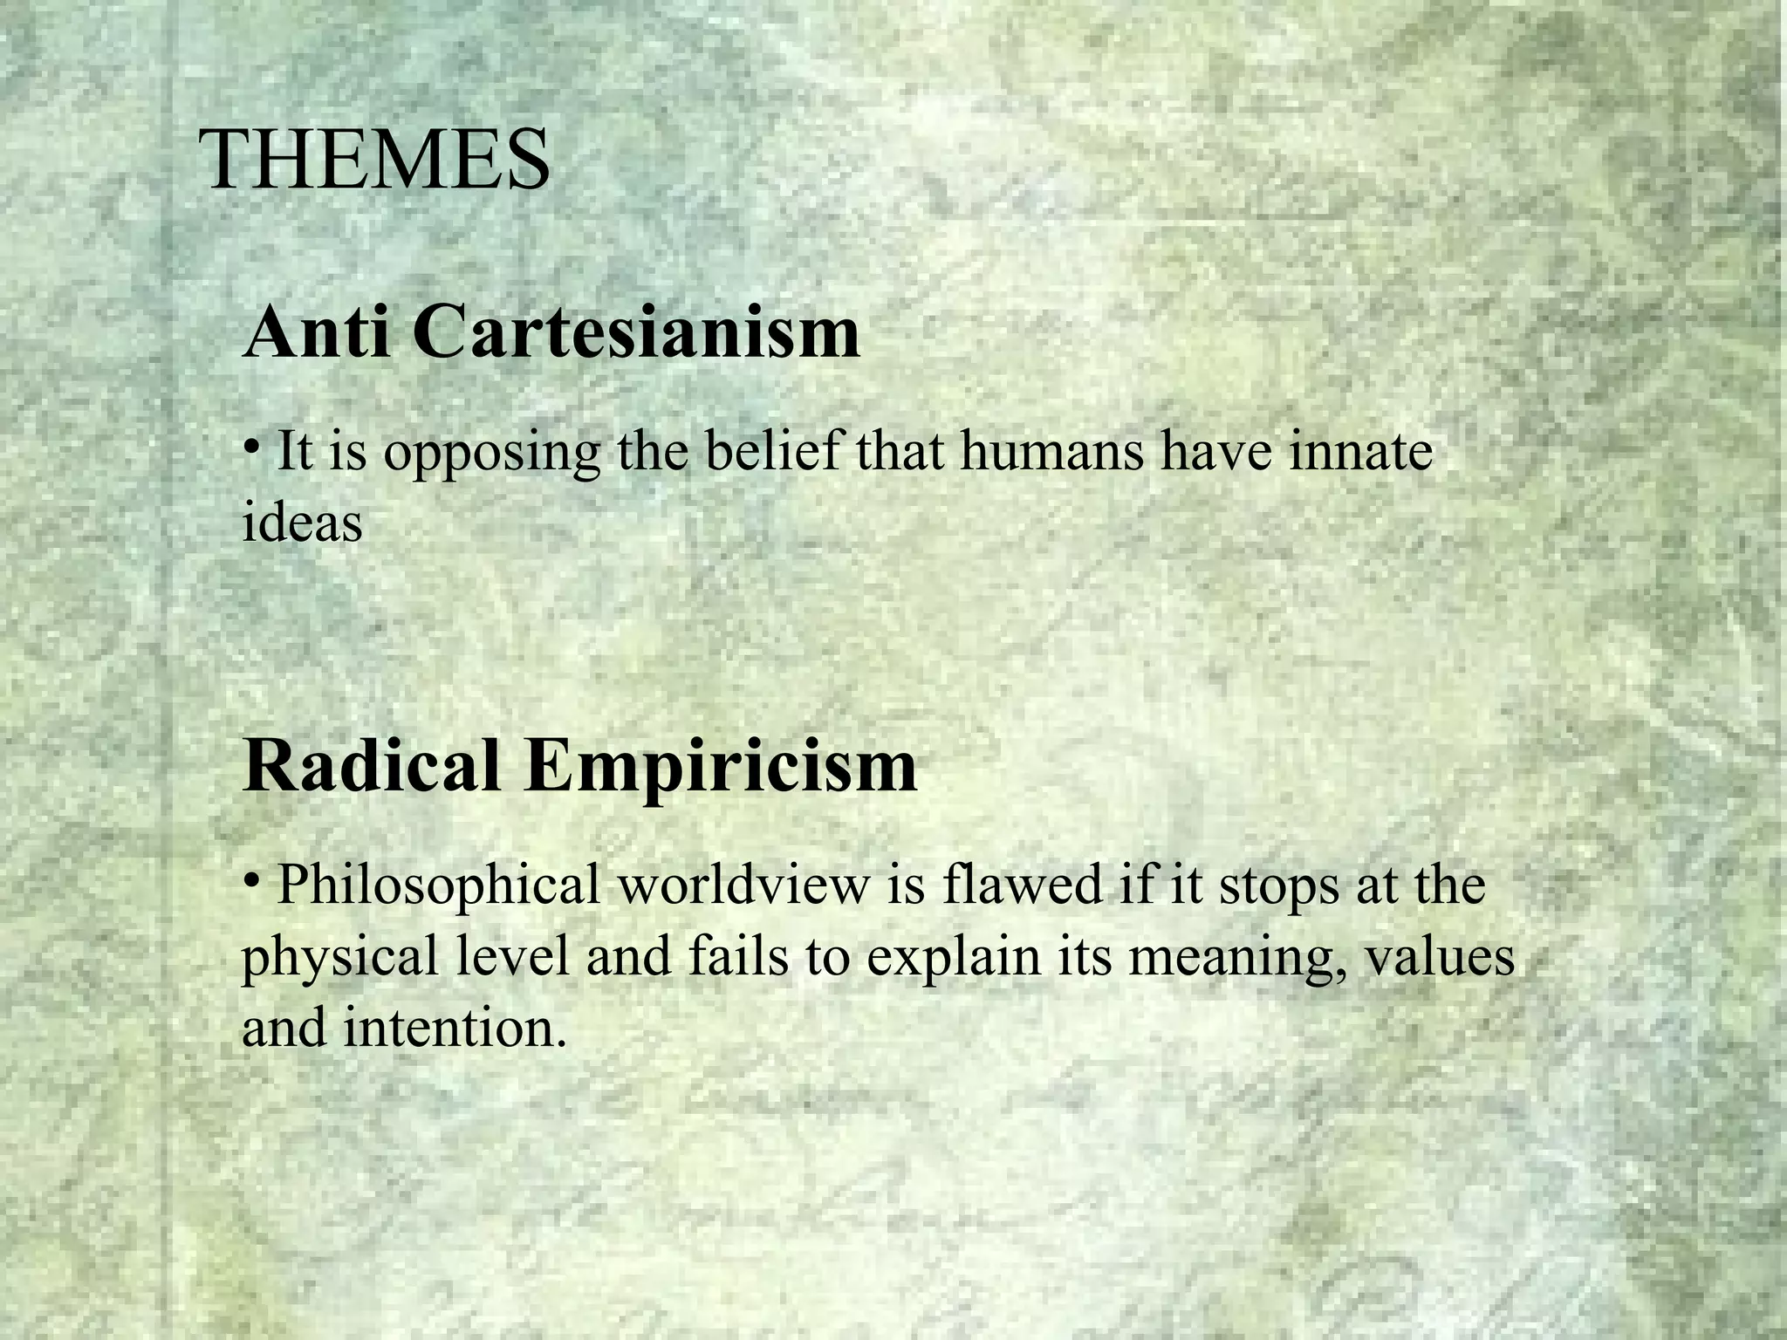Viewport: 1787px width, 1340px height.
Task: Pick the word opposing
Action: coord(491,454)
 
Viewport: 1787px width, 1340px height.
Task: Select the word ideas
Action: coord(302,523)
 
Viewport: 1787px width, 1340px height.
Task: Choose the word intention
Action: coord(449,1027)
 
